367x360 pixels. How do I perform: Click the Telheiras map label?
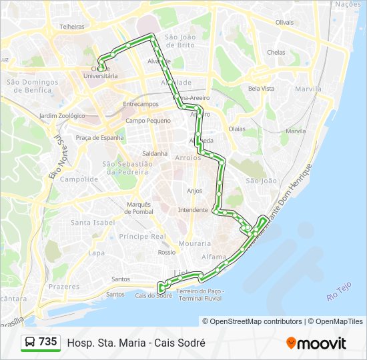pyautogui.click(x=72, y=27)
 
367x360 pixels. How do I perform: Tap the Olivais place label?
pyautogui.click(x=284, y=22)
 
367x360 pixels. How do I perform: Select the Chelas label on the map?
pyautogui.click(x=276, y=52)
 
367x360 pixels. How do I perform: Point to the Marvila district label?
pyautogui.click(x=308, y=89)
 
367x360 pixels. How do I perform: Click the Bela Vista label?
pyautogui.click(x=261, y=89)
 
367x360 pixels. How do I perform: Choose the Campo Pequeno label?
pyautogui.click(x=148, y=121)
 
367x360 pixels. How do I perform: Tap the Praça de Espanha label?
pyautogui.click(x=99, y=138)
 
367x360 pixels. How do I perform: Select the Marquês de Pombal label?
pyautogui.click(x=139, y=207)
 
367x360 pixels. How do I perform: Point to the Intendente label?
pyautogui.click(x=193, y=210)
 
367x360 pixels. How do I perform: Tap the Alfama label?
pyautogui.click(x=215, y=256)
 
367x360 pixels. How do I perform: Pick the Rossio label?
pyautogui.click(x=167, y=253)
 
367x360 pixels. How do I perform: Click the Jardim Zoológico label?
pyautogui.click(x=62, y=115)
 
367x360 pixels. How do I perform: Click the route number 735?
pyautogui.click(x=47, y=342)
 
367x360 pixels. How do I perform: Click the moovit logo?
pyautogui.click(x=316, y=343)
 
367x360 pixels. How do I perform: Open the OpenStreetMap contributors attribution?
pyautogui.click(x=252, y=321)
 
